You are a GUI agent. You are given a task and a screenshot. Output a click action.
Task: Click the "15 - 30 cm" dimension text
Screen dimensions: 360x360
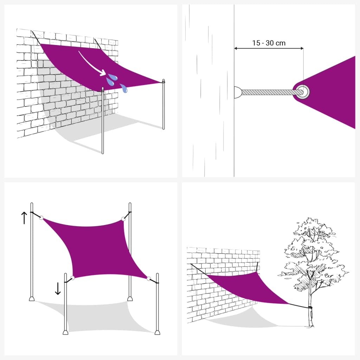pyautogui.click(x=269, y=43)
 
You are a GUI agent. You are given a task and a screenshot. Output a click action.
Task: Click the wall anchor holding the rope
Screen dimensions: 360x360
pyautogui.click(x=238, y=92)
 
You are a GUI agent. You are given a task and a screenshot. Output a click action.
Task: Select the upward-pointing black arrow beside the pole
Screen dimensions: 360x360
pyautogui.click(x=24, y=218)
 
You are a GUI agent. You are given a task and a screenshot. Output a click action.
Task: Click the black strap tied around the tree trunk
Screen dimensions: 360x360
pyautogui.click(x=310, y=308)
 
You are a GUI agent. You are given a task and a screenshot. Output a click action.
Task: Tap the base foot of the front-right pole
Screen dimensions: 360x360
pyautogui.click(x=157, y=332)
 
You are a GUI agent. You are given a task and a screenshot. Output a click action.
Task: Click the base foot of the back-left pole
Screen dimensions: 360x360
pyautogui.click(x=32, y=299)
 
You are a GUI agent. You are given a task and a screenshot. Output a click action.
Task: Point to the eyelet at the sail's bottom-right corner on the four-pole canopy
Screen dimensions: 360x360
pyautogui.click(x=149, y=279)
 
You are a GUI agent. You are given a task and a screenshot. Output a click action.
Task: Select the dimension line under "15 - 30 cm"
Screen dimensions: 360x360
pyautogui.click(x=269, y=49)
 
